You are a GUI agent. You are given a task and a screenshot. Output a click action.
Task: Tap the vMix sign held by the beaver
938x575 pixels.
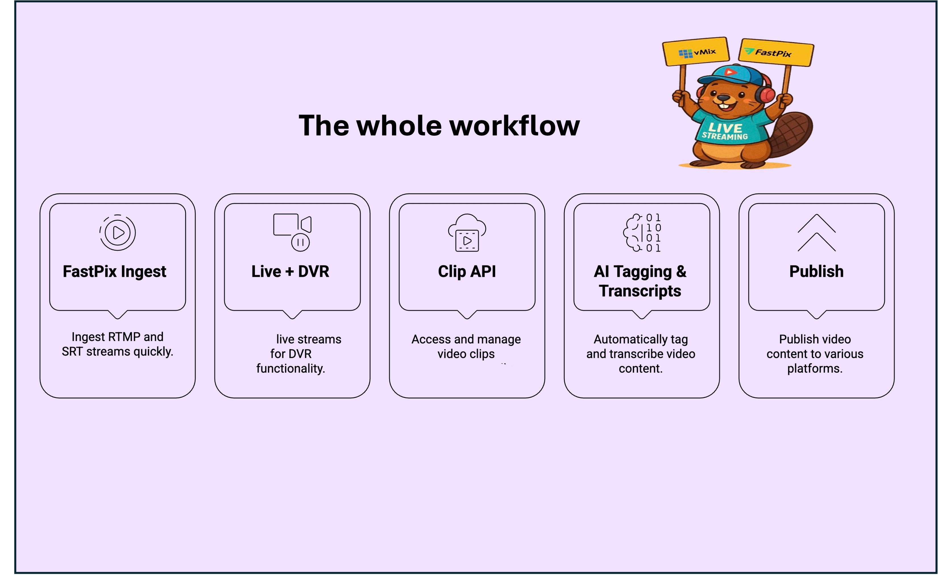click(696, 52)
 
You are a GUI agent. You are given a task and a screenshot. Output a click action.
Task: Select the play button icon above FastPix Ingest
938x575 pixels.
click(118, 232)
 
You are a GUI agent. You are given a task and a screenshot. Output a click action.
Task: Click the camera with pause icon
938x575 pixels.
click(292, 232)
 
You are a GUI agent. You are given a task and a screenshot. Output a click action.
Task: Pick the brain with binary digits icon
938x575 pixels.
click(642, 232)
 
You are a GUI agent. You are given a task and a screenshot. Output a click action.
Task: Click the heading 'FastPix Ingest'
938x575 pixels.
click(114, 271)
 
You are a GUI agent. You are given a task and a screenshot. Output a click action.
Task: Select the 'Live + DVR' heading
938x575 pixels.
click(290, 271)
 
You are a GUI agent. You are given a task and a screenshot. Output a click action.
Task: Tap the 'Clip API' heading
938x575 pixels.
click(467, 271)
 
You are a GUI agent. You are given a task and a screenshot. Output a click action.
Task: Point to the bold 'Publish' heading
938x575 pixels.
click(816, 271)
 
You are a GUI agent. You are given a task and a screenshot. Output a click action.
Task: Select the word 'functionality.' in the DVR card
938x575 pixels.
click(290, 368)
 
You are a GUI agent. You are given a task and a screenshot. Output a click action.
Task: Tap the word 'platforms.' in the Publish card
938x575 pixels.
click(815, 368)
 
